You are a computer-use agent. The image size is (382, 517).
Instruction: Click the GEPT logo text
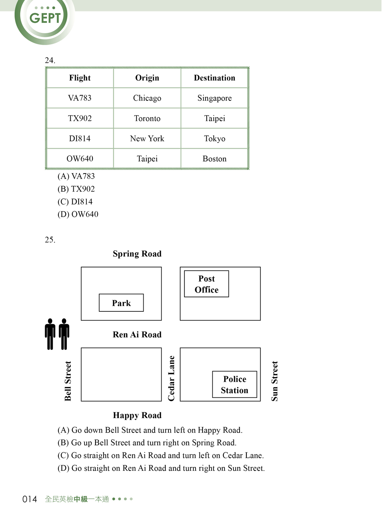pos(45,18)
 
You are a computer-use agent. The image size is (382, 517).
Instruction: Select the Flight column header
pos(80,78)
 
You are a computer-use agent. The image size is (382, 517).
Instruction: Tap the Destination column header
pos(214,78)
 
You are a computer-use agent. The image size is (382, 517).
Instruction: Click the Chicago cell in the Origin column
pos(147,98)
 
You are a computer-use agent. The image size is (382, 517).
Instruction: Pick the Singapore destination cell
pos(214,98)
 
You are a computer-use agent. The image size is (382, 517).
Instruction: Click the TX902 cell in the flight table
pos(80,118)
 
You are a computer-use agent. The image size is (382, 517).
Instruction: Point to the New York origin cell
pos(147,139)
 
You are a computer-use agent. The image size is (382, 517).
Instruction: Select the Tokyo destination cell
pos(214,139)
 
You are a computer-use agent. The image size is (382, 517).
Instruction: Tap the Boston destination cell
pos(214,159)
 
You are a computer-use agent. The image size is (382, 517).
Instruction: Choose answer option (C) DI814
pos(75,202)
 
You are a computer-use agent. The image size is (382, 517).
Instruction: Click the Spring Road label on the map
pos(137,254)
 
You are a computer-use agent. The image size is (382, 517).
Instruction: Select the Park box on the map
pos(121,303)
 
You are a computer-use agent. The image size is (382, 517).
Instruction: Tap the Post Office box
pos(207,284)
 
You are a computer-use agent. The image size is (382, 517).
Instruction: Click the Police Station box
pos(235,384)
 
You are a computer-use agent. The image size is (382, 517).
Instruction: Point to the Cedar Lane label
pos(171,379)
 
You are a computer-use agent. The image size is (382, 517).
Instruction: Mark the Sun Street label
pos(275,381)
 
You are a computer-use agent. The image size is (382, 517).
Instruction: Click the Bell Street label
pos(68,381)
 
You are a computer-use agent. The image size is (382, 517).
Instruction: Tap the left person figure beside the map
pos(50,334)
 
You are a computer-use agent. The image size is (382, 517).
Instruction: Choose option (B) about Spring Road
pos(147,442)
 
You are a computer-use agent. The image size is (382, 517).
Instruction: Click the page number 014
pos(29,499)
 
